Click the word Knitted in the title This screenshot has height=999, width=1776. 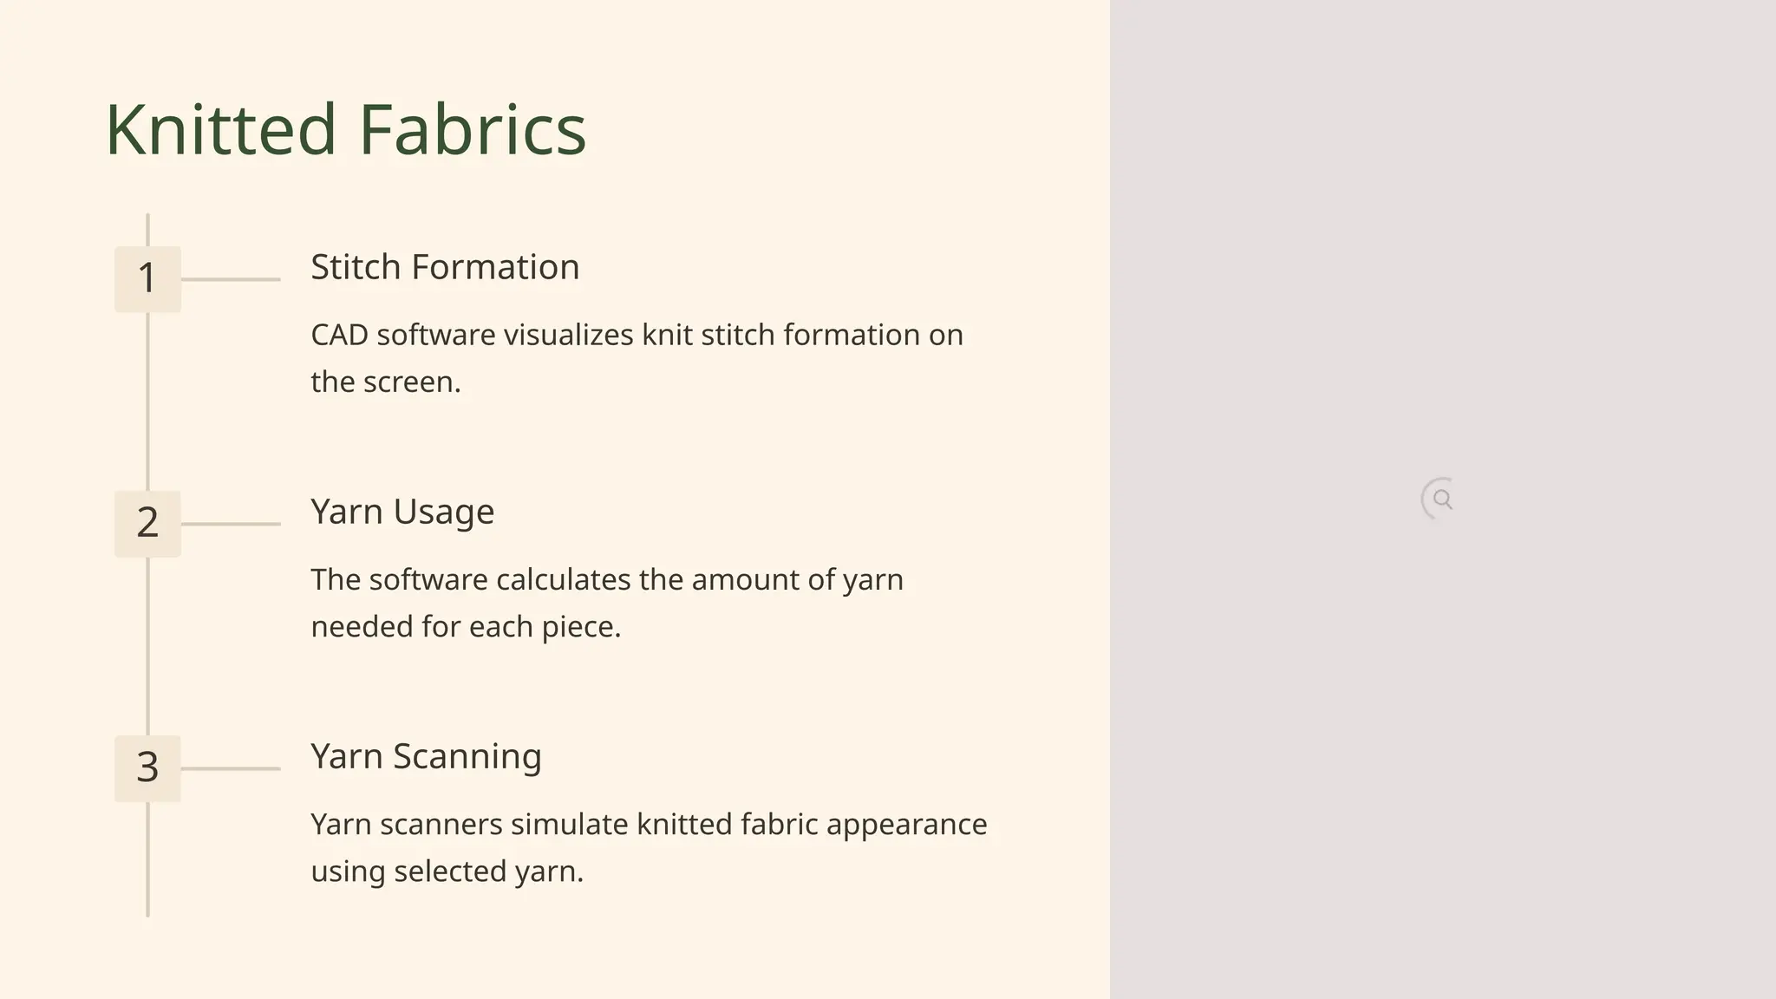click(x=220, y=129)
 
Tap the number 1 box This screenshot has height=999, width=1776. click(x=147, y=278)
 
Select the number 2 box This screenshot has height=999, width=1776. click(x=147, y=523)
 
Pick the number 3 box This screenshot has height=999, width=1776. click(x=147, y=767)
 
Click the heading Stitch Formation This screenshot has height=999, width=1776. click(x=445, y=267)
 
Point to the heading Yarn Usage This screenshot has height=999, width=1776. click(x=402, y=512)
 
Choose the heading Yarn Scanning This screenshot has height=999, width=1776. click(x=426, y=756)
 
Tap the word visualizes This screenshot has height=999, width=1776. click(x=568, y=335)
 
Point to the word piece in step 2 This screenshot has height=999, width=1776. click(x=580, y=626)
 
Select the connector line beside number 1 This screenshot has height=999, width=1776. click(x=231, y=279)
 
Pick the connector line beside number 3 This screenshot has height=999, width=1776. click(x=231, y=768)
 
